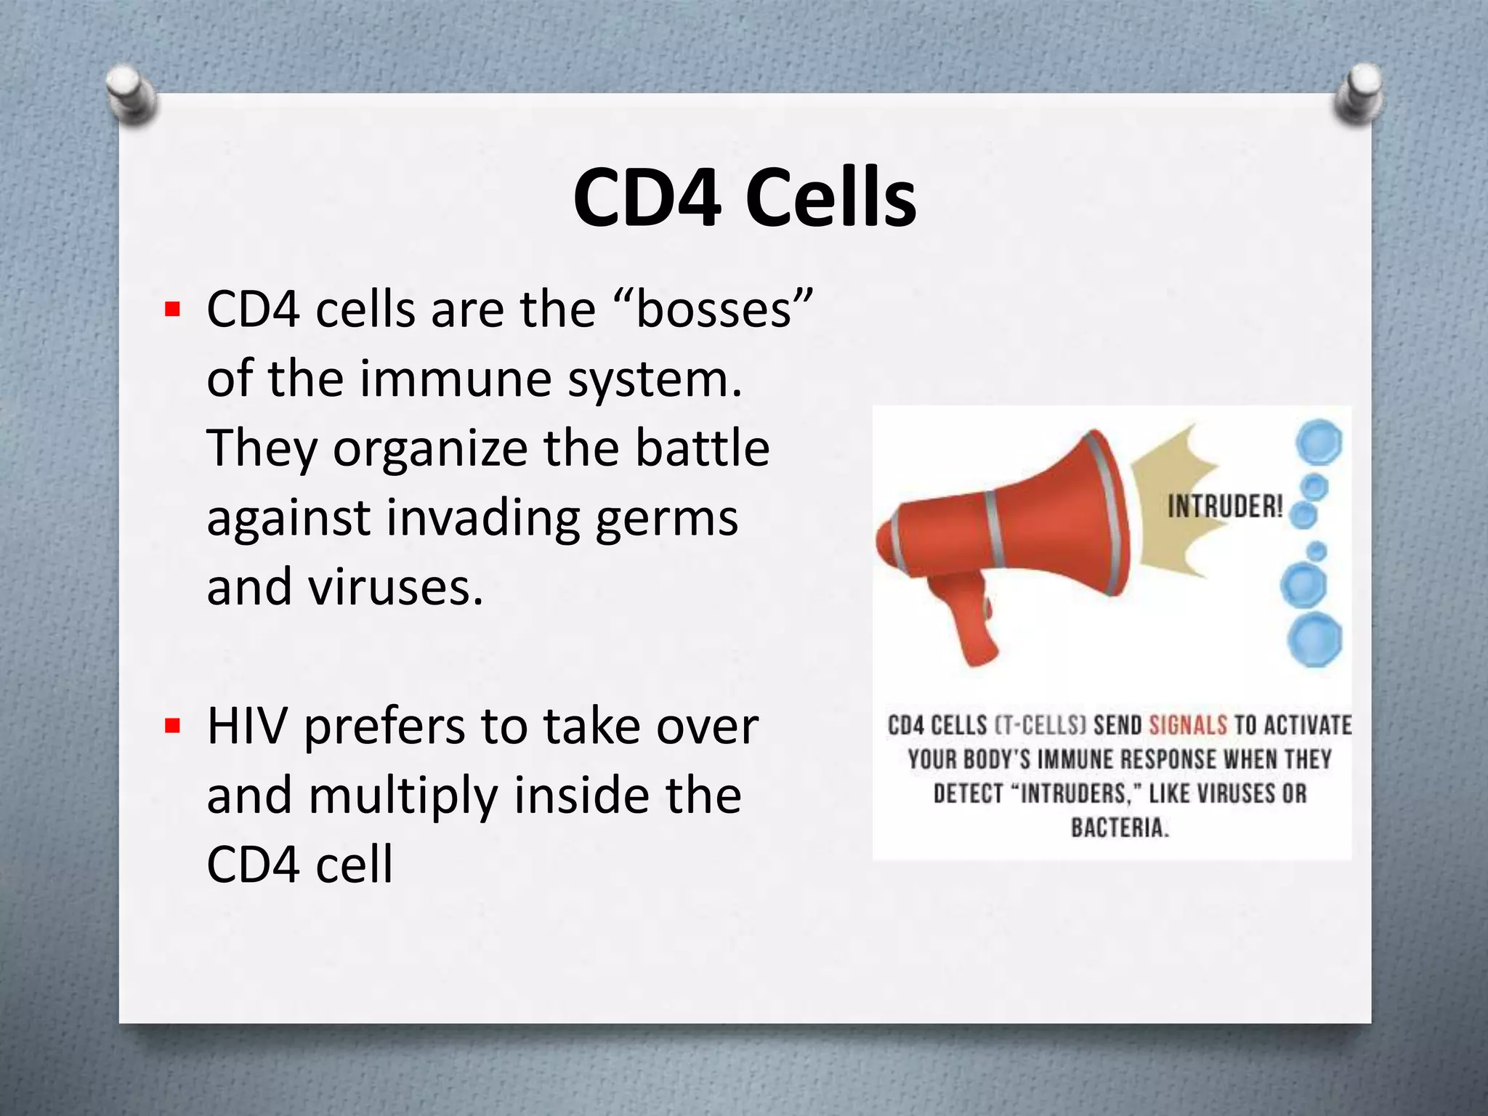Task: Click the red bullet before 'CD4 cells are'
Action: [172, 310]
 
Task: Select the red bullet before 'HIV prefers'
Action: [172, 726]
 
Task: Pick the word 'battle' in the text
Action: [702, 448]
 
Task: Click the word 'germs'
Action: [666, 518]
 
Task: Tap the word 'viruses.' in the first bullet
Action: [395, 587]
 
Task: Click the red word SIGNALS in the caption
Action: [1188, 725]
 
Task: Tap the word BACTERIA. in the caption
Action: [1120, 828]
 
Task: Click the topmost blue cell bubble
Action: [1319, 442]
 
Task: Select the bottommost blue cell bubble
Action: [1314, 639]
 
